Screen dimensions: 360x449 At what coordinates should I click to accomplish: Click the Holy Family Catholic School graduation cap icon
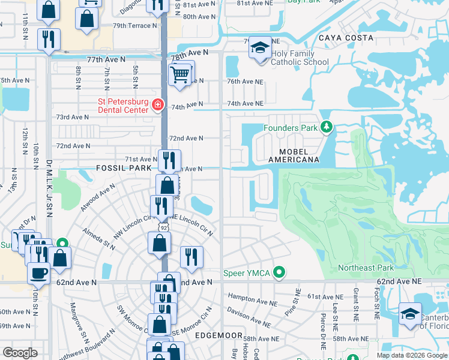[261, 48]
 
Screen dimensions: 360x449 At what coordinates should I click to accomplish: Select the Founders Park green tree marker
[326, 127]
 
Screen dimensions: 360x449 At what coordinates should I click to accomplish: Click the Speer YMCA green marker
[279, 274]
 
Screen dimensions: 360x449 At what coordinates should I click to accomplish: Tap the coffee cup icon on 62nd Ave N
[39, 272]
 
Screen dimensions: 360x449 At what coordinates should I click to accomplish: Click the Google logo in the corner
[20, 353]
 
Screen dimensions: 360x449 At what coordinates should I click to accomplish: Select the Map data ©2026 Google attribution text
[411, 355]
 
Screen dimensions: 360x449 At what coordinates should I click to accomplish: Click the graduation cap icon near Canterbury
[411, 314]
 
